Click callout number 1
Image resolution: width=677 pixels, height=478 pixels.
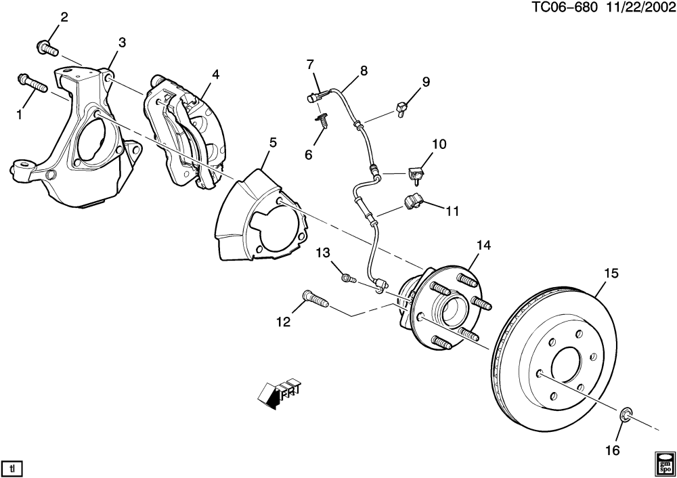(19, 114)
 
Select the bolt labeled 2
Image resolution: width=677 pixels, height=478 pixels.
(46, 47)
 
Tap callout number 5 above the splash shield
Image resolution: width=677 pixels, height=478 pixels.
(273, 142)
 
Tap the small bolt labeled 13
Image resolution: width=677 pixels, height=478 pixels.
(347, 278)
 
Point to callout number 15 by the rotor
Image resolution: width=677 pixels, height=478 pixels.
(611, 274)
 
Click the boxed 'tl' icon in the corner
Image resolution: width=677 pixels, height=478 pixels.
(12, 466)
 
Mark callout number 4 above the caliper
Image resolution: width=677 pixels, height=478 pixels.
(215, 74)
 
